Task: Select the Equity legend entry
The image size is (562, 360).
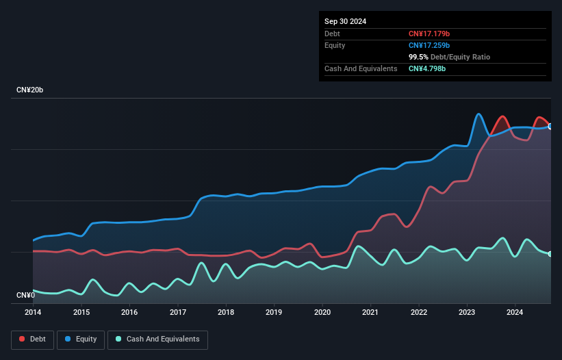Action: click(x=81, y=339)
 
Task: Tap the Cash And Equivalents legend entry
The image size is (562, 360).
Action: click(x=157, y=339)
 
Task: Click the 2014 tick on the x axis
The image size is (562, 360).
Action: click(x=34, y=312)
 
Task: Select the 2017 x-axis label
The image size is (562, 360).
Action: click(x=178, y=312)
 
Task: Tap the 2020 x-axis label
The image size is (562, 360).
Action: click(x=322, y=312)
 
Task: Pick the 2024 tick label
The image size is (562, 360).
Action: click(x=515, y=312)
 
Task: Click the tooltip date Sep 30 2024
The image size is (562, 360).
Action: click(x=346, y=21)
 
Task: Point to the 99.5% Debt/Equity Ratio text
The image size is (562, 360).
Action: click(x=449, y=57)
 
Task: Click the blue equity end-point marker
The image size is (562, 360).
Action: click(x=550, y=126)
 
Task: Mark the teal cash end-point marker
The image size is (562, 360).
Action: click(x=550, y=254)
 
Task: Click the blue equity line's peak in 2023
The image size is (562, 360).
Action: click(x=478, y=114)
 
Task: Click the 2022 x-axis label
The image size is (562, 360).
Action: click(x=418, y=312)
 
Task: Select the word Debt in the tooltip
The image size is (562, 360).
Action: click(x=333, y=34)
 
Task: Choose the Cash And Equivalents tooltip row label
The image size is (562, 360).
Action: click(x=361, y=68)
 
